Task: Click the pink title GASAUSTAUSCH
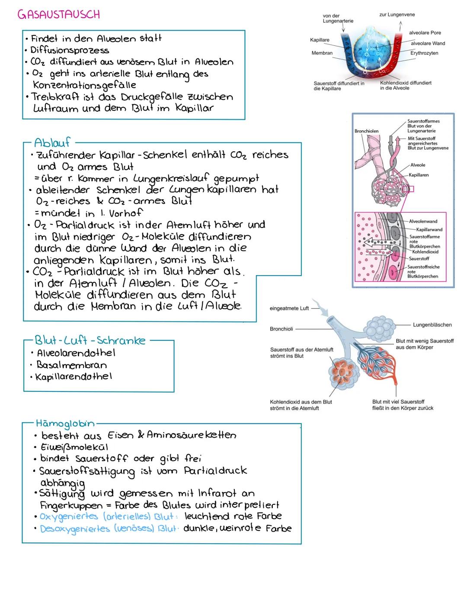pos(58,14)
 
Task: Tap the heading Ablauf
pos(52,142)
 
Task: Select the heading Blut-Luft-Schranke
pos(90,340)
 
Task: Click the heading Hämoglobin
pos(65,423)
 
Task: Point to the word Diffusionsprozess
pos(70,50)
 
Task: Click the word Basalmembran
pos(72,365)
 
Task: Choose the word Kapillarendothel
pos(74,377)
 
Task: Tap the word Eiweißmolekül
pos(74,447)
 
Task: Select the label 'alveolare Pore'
pos(425,33)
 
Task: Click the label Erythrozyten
pos(424,53)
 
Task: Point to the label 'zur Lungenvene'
pos(397,15)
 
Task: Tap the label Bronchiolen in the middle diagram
pos(366,131)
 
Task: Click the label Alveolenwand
pos(423,221)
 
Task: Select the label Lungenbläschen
pos(432,325)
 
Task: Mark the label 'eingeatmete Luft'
pos(289,308)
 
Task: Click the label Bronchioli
pos(281,329)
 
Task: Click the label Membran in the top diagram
pos(322,53)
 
